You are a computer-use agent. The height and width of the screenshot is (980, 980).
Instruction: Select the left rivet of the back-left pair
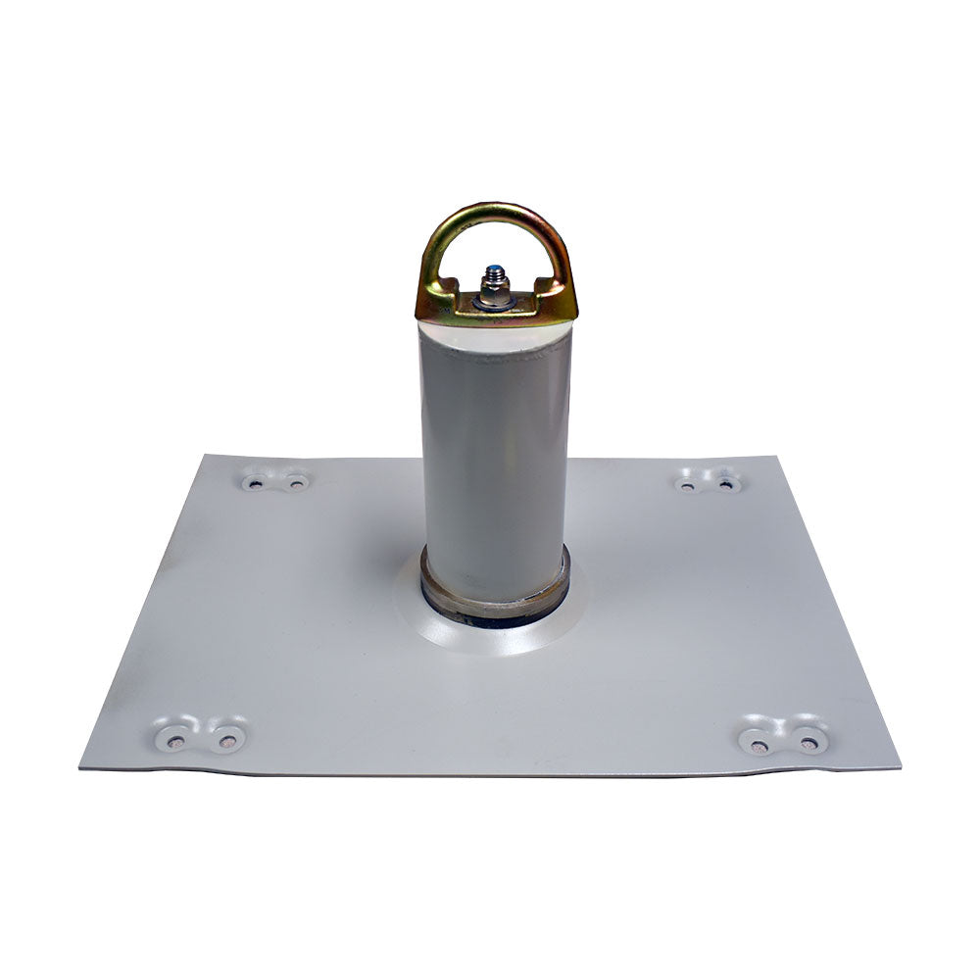pos(256,482)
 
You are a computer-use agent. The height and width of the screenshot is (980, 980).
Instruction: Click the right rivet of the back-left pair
pos(295,482)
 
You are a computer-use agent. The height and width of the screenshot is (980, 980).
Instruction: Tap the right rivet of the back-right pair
pos(726,482)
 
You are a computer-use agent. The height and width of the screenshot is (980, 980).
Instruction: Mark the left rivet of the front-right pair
pos(759,745)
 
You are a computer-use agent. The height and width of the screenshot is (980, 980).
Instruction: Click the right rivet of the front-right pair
pos(809,745)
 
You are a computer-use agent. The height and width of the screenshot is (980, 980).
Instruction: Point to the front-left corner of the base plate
pos(82,765)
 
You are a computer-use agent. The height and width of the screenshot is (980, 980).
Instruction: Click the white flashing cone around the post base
pos(549,632)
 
